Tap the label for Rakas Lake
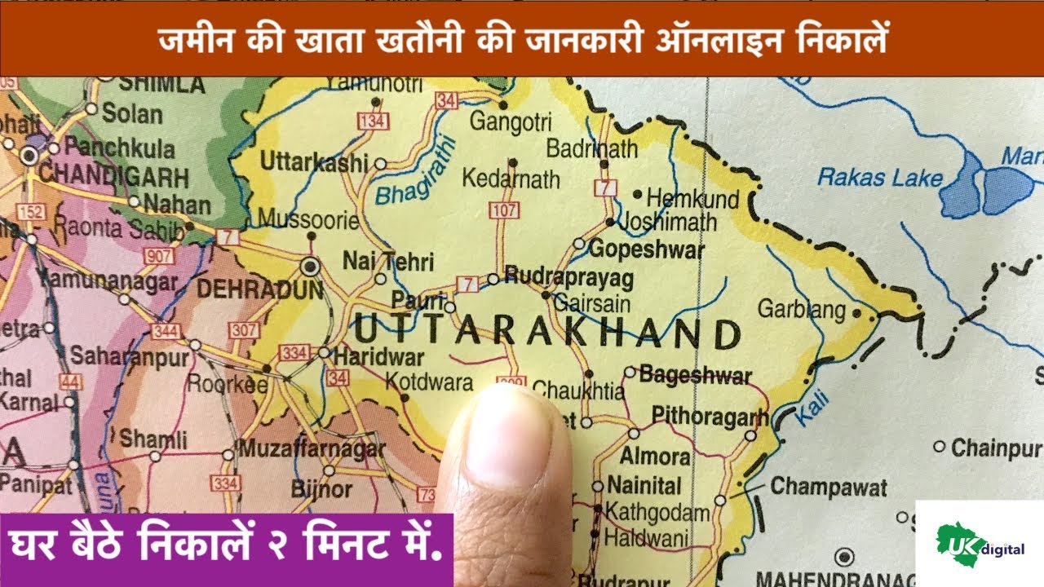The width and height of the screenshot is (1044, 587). [880, 178]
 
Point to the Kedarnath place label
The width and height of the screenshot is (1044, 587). [511, 179]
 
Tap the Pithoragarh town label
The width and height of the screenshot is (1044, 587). [710, 417]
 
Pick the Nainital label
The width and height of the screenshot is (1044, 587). [644, 486]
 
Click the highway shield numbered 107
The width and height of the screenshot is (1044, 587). [503, 210]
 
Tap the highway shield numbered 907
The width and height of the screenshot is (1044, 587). [158, 255]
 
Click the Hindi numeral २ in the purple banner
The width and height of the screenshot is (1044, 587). [275, 545]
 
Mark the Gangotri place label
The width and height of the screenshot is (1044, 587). [511, 123]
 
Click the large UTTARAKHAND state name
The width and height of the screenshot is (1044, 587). [546, 333]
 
